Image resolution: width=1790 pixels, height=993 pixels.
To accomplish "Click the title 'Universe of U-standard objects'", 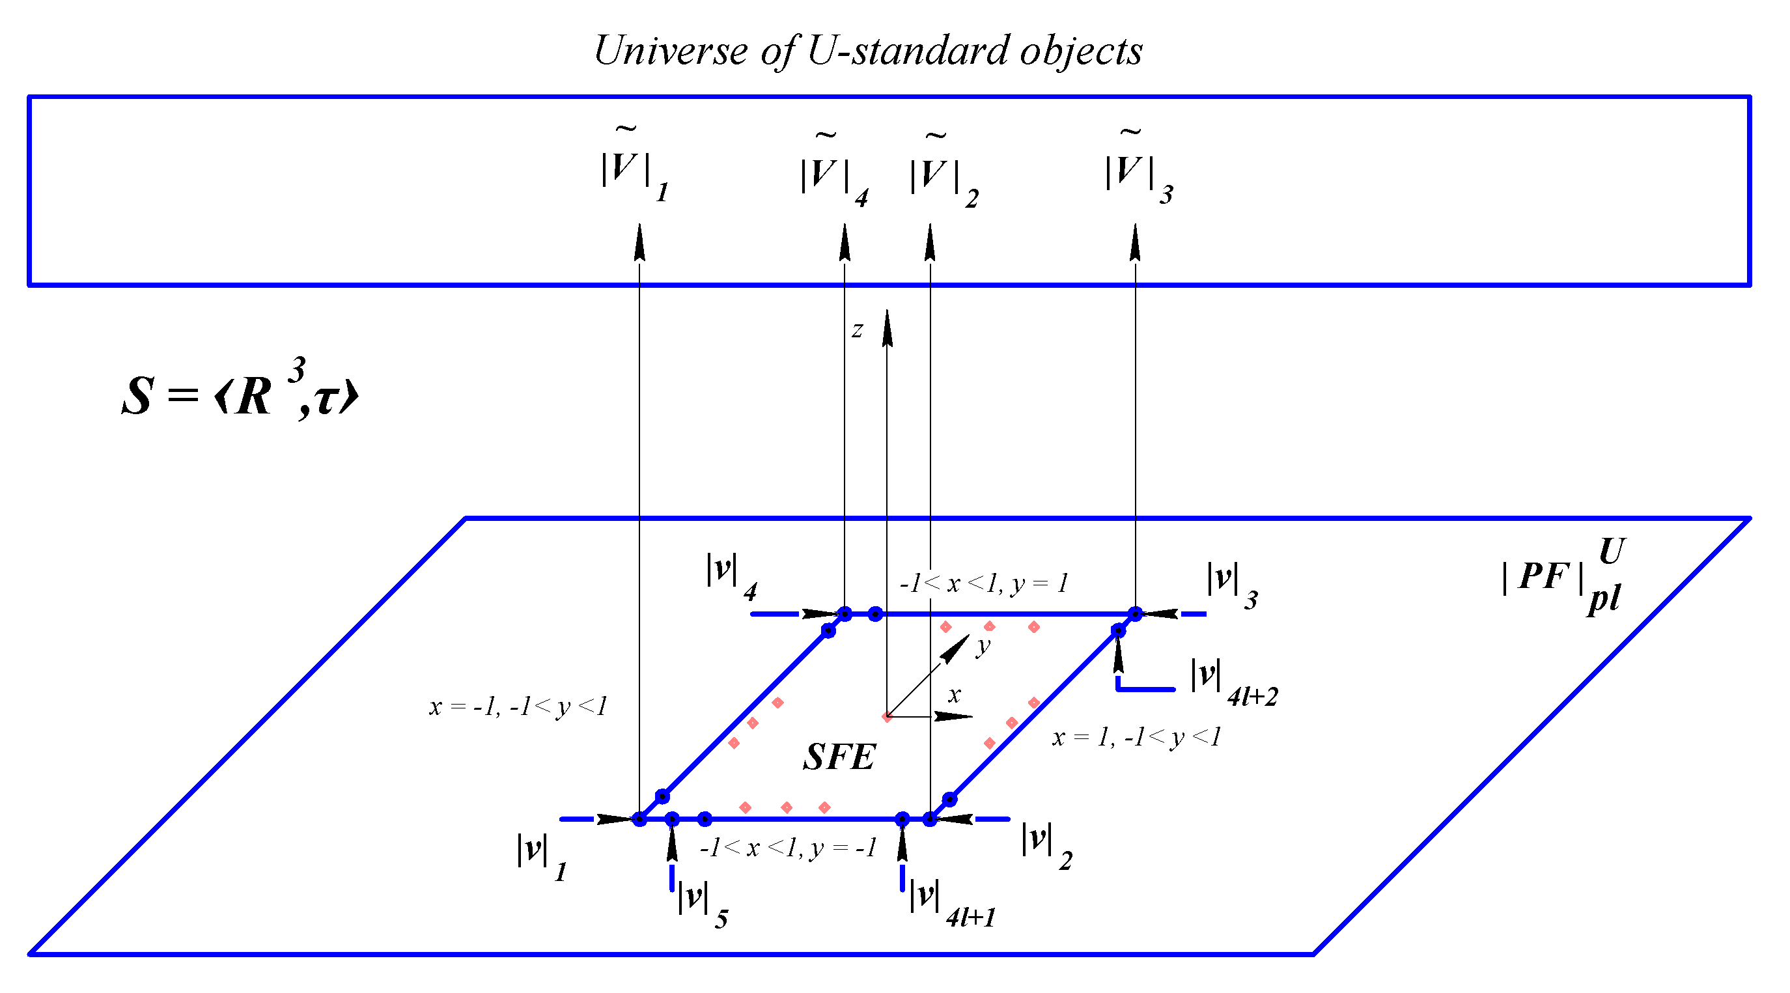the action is [x=869, y=51].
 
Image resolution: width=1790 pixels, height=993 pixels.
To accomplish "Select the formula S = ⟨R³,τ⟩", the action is [x=240, y=390].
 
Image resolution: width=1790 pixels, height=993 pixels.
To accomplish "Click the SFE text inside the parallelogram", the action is [x=839, y=757].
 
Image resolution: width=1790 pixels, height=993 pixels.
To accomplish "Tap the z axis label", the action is [x=858, y=329].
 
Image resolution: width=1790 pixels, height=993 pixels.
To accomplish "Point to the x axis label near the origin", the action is [x=955, y=694].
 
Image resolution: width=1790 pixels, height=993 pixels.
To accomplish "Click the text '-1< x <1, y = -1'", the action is [x=789, y=848].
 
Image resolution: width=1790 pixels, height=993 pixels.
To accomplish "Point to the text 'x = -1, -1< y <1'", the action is [x=518, y=706].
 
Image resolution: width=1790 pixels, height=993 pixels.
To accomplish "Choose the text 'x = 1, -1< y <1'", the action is [x=1137, y=737].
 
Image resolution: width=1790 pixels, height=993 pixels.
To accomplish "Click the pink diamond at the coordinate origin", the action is [x=888, y=716].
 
